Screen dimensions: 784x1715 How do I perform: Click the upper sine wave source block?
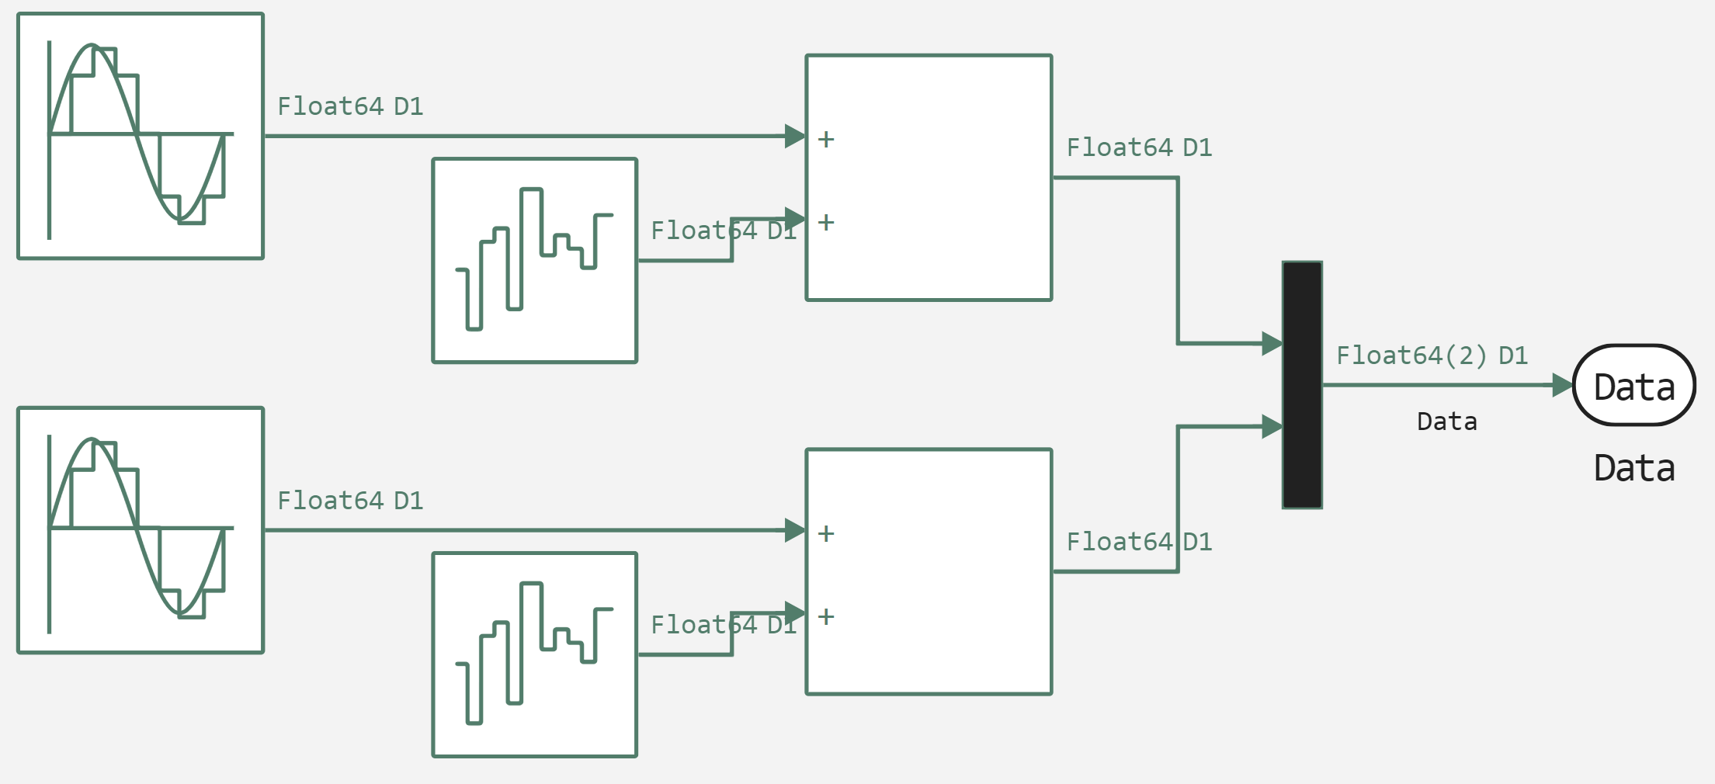click(x=141, y=136)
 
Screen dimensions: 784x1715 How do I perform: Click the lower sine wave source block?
click(x=141, y=530)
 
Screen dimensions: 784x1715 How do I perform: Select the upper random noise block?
click(x=535, y=261)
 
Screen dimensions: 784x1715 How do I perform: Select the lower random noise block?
click(x=535, y=654)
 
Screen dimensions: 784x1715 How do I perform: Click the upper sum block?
click(x=929, y=178)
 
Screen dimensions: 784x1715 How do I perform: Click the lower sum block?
click(x=929, y=571)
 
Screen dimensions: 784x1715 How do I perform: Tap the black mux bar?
click(x=1302, y=385)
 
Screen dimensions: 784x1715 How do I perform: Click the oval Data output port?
click(x=1633, y=385)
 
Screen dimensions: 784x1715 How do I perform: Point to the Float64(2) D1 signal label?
click(x=1432, y=356)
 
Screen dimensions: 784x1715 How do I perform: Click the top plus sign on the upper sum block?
click(x=826, y=140)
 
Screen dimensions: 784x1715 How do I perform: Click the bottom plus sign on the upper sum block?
click(x=826, y=223)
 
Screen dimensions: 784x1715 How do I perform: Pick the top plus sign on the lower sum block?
click(x=826, y=533)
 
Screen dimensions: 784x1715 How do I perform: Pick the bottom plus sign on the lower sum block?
click(x=826, y=617)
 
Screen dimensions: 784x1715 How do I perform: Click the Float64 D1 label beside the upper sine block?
click(x=350, y=106)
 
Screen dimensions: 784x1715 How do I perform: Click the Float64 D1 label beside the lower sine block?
click(x=350, y=501)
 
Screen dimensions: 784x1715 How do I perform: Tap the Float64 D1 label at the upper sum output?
click(x=1139, y=147)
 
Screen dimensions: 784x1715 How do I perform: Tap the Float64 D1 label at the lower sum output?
click(x=1139, y=542)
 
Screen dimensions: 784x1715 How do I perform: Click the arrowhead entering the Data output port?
click(x=1562, y=385)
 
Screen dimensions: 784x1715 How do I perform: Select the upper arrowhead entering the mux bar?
click(x=1272, y=343)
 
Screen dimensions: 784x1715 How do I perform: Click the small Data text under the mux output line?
click(x=1446, y=421)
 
